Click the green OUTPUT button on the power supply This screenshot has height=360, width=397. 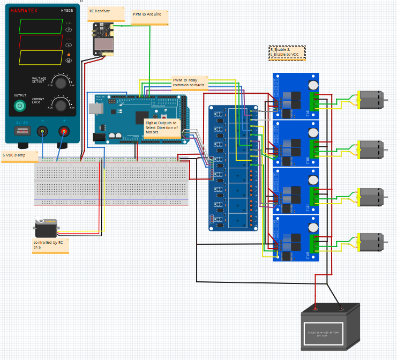[x=20, y=106]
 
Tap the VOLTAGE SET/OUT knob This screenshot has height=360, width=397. [x=61, y=82]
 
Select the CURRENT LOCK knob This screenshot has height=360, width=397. [x=61, y=104]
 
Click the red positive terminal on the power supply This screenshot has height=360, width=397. [x=64, y=131]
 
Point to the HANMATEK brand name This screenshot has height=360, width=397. [x=24, y=11]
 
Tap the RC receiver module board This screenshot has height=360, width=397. [x=103, y=39]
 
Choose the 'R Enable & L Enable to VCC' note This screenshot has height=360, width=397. [x=287, y=52]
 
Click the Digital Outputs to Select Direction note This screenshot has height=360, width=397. [x=162, y=127]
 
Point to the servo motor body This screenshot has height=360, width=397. [x=46, y=229]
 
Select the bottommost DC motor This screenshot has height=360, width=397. [x=370, y=242]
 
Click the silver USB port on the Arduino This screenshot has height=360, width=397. [x=95, y=109]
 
